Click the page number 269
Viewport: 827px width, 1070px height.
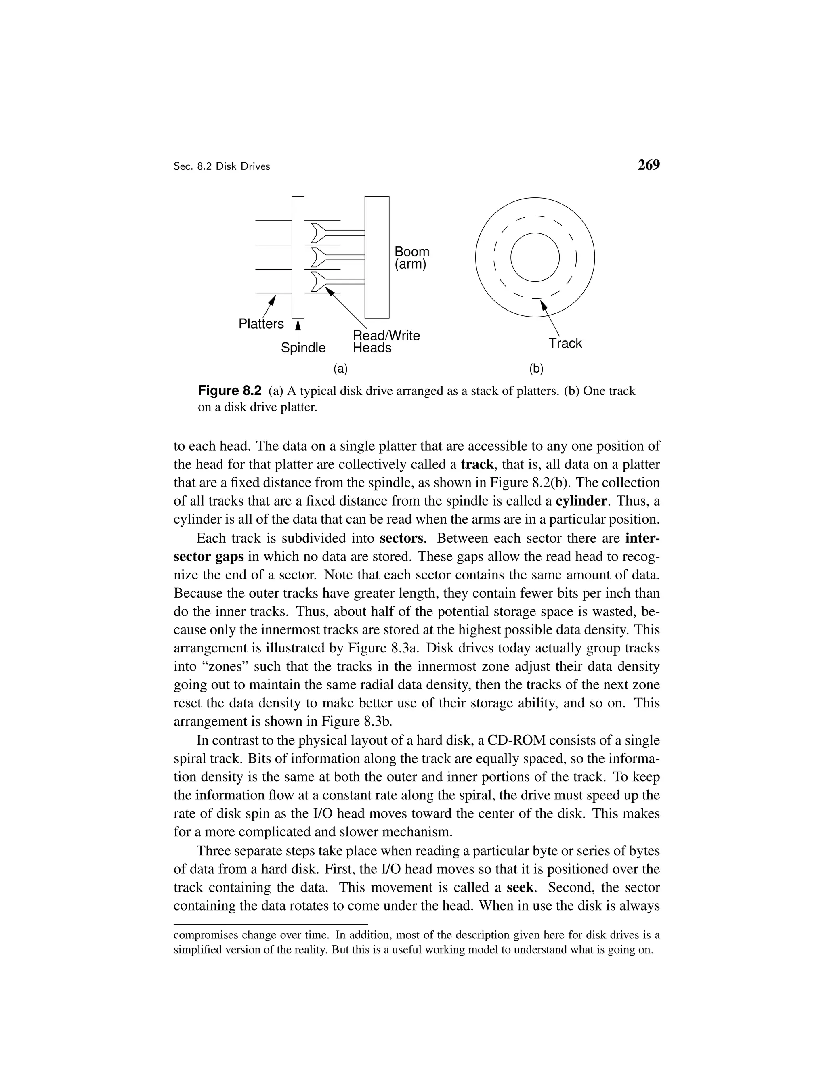648,165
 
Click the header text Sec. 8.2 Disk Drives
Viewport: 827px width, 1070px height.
221,167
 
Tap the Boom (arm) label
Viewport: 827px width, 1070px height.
411,258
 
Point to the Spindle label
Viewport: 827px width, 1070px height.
303,348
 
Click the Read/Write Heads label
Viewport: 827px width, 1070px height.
386,342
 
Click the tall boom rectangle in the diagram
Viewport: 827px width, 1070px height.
377,257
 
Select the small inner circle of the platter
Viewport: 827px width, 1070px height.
535,257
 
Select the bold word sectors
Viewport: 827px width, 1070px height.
401,538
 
